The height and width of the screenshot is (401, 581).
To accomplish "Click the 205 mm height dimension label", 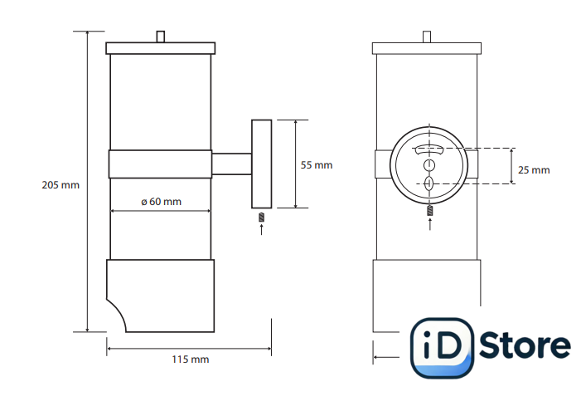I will point(60,184).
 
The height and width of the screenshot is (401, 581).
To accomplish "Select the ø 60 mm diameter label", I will point(161,202).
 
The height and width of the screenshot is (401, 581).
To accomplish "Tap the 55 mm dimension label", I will point(316,165).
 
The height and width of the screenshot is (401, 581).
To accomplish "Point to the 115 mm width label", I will point(190,359).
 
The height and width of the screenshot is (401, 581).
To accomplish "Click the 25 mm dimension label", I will point(533,170).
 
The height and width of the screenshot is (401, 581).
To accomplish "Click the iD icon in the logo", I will point(442,346).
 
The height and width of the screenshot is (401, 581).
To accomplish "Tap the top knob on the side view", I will point(161,37).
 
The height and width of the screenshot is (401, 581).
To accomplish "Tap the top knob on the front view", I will point(427,37).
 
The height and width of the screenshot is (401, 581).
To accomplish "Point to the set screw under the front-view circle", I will point(429,212).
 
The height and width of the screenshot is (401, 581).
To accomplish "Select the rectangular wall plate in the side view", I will point(262,164).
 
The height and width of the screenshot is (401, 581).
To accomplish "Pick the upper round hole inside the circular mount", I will point(429,164).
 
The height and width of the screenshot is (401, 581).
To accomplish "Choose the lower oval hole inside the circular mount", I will point(429,183).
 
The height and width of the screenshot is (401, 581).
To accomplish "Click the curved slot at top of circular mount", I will point(429,149).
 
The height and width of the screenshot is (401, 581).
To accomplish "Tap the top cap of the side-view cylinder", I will point(161,48).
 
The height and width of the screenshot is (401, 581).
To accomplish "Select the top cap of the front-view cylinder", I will point(427,48).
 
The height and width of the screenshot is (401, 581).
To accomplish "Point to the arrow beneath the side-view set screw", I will point(261,229).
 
